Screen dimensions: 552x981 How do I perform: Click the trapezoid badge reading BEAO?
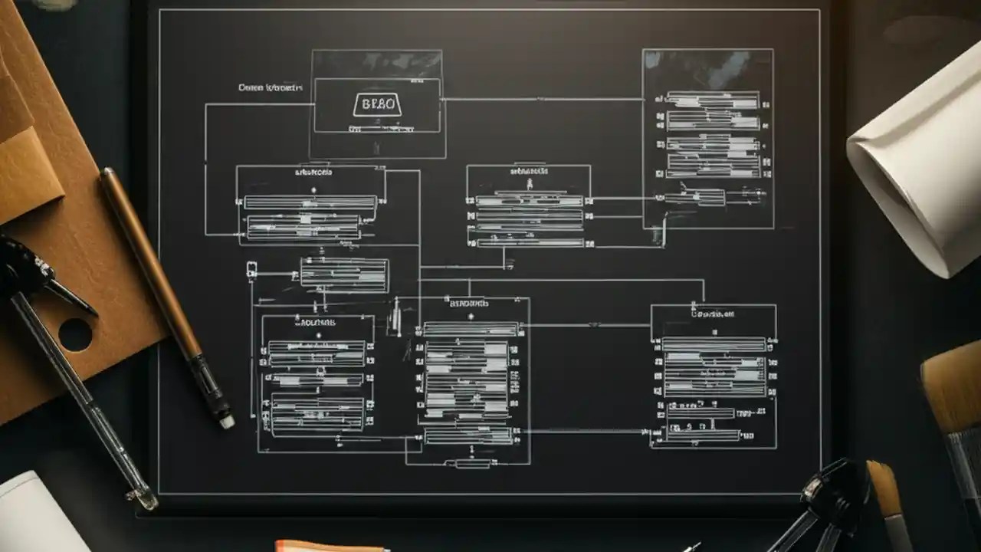click(x=376, y=104)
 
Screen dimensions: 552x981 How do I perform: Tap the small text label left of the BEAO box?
click(x=271, y=88)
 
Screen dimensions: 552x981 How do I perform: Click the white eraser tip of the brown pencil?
click(x=226, y=421)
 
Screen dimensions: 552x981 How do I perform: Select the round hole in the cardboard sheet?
click(x=75, y=334)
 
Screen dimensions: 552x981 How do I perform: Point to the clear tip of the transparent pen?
click(x=145, y=499)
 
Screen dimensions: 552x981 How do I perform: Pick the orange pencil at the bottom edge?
click(x=330, y=547)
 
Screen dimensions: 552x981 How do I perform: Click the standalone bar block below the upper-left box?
click(x=344, y=274)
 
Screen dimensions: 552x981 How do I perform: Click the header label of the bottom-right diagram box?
click(x=712, y=314)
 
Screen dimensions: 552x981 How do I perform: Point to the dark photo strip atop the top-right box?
click(x=707, y=69)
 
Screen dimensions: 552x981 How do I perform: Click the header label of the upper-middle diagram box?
click(x=528, y=172)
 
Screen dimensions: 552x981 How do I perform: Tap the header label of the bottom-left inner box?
click(x=317, y=323)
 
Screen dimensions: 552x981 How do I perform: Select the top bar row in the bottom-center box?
click(x=471, y=328)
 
